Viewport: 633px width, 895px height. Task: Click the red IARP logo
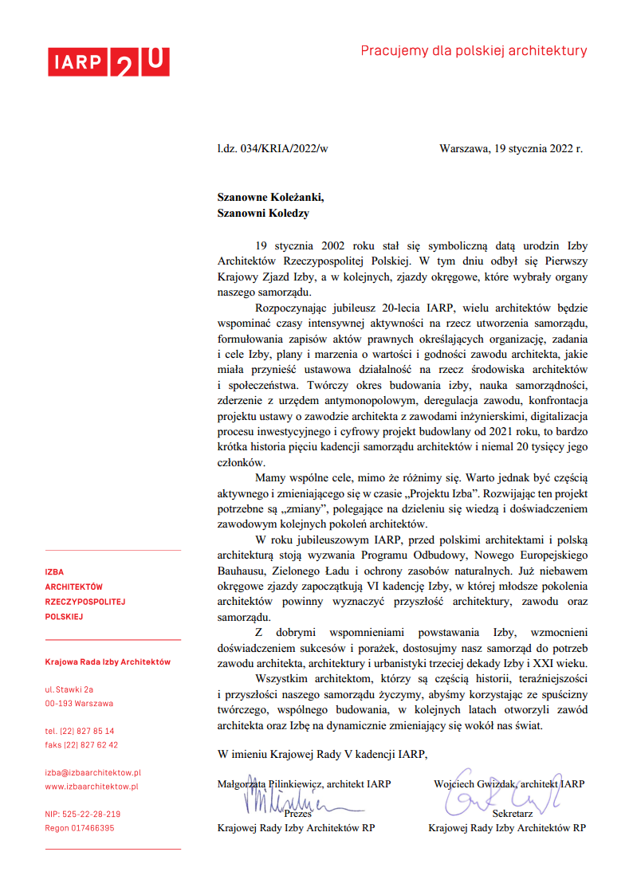click(x=108, y=62)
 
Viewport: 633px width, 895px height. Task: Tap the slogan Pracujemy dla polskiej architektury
click(x=474, y=51)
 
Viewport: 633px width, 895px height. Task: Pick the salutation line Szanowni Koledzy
click(x=263, y=213)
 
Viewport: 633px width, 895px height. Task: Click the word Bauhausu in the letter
click(x=242, y=571)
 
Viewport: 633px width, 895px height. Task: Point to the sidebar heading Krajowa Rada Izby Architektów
click(x=108, y=661)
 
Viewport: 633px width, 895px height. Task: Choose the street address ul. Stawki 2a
click(x=69, y=689)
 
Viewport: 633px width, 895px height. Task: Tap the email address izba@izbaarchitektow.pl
click(x=93, y=772)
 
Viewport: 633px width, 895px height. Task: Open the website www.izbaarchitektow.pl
click(x=92, y=787)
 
